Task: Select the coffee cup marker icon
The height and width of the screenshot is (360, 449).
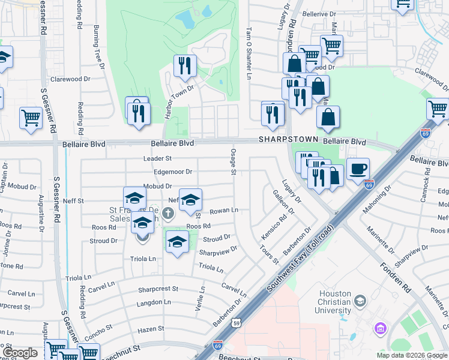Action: point(358,168)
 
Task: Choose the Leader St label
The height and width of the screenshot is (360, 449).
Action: point(157,158)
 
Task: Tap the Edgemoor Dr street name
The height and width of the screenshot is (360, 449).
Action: point(172,172)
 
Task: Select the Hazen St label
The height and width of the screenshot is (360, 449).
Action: point(151,329)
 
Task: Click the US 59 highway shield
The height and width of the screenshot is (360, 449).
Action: point(238,323)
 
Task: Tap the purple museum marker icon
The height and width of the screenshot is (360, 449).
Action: point(379,328)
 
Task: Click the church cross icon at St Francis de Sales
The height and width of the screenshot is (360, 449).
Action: point(168,212)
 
